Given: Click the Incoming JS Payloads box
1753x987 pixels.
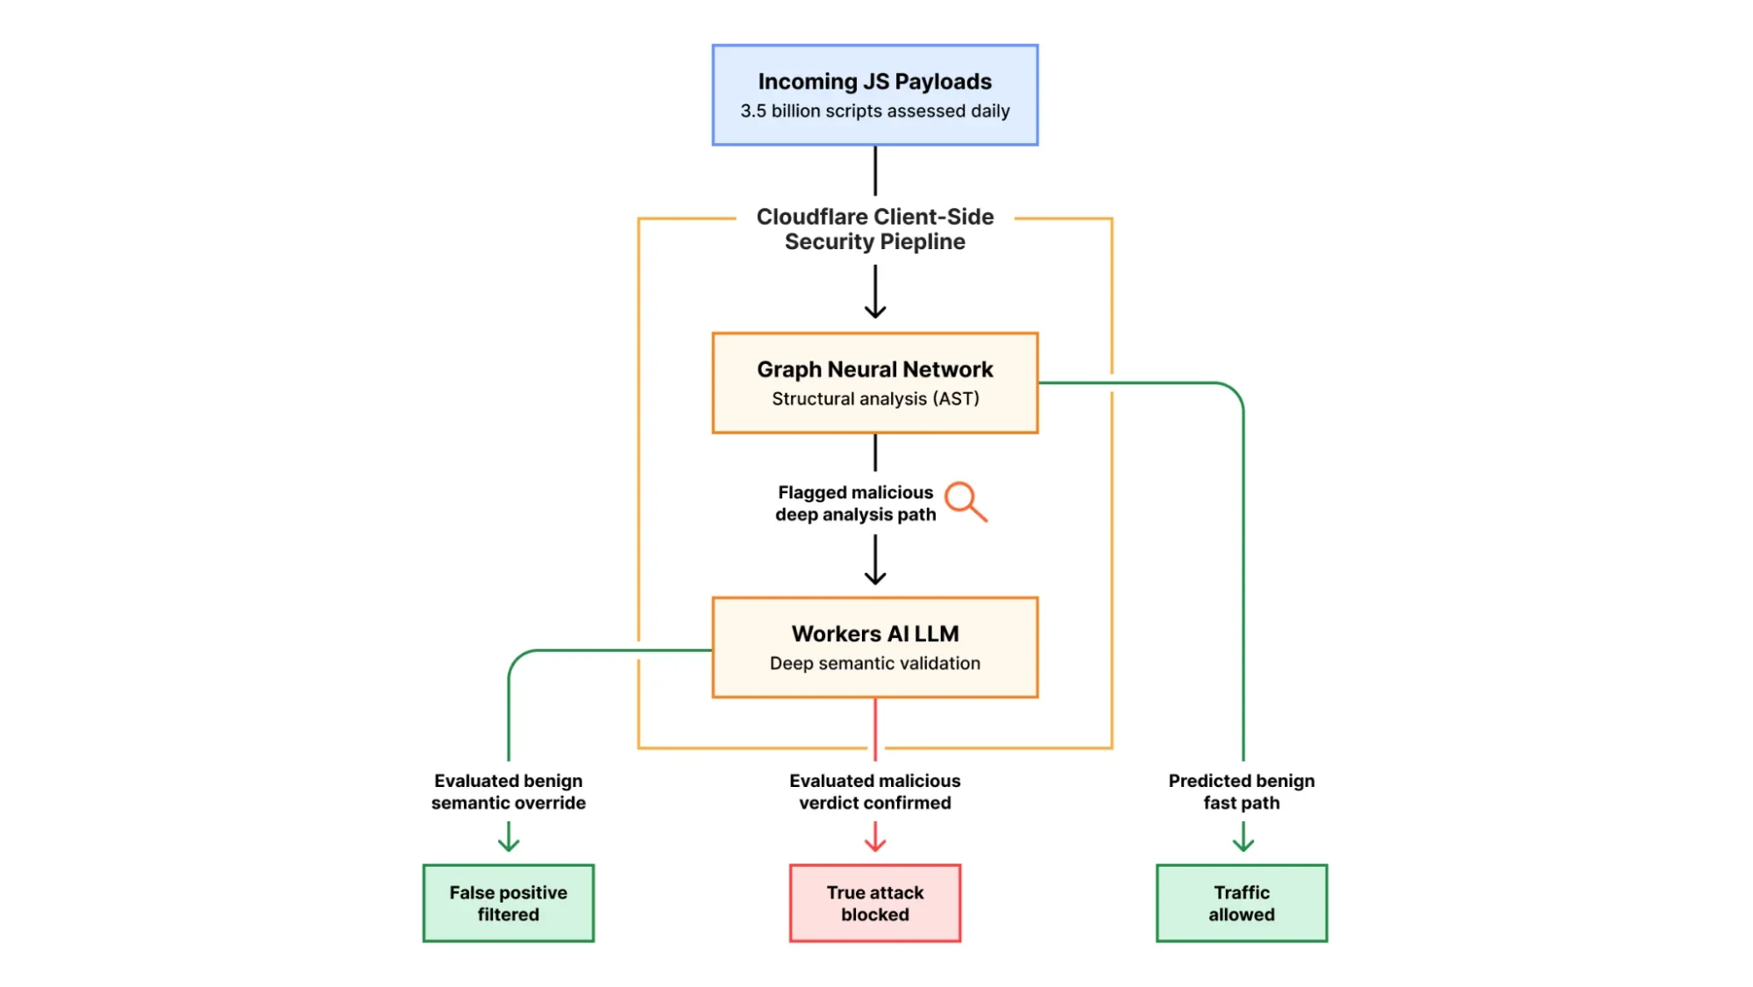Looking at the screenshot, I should click(x=874, y=95).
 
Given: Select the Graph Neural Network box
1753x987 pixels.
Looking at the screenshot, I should click(x=874, y=383).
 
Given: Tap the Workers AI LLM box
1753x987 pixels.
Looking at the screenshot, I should click(x=874, y=647).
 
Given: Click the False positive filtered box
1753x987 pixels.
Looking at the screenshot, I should click(x=508, y=903).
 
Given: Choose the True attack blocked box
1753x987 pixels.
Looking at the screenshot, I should click(x=874, y=903).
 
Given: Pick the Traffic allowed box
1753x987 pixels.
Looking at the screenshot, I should click(x=1241, y=903).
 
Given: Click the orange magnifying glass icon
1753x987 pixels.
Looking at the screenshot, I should click(x=965, y=501).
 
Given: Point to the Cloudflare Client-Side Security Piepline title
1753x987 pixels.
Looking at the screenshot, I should click(x=874, y=229).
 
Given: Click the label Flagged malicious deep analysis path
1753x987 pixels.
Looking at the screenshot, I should click(x=855, y=504).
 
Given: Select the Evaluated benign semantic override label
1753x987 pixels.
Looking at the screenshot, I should click(x=508, y=791).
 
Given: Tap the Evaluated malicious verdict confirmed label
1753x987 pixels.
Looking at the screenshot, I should click(x=874, y=791).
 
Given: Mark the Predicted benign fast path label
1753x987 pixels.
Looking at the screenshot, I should click(x=1241, y=791).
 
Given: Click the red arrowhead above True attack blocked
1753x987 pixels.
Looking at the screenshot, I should click(x=874, y=845).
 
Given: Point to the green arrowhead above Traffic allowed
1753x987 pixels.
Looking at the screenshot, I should click(x=1243, y=845).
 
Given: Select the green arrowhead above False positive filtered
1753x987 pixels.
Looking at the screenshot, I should click(x=509, y=845).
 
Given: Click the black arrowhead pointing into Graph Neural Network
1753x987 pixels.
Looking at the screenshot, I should click(x=874, y=311).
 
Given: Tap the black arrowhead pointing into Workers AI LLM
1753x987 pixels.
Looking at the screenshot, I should click(x=874, y=577).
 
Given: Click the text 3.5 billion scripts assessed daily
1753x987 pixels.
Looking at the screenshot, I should click(x=874, y=111).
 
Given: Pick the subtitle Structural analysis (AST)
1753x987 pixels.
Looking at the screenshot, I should click(x=874, y=399).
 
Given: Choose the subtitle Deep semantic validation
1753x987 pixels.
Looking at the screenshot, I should click(x=874, y=664).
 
